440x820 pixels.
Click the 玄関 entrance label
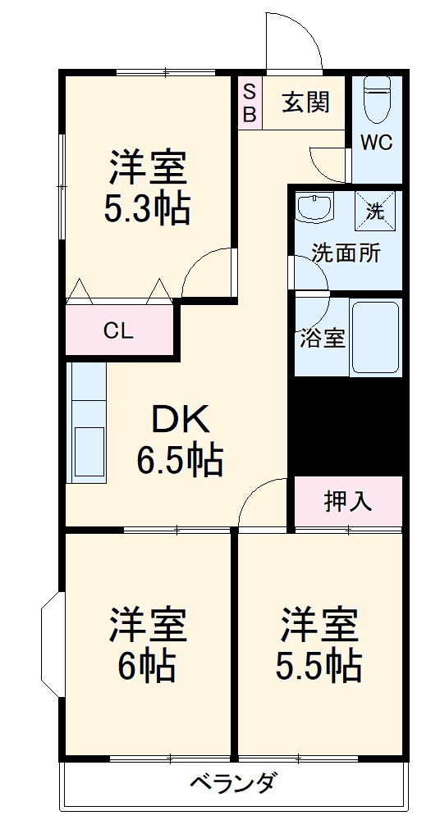pyautogui.click(x=306, y=102)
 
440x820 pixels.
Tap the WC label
pyautogui.click(x=377, y=142)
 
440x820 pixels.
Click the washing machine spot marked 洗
pyautogui.click(x=375, y=210)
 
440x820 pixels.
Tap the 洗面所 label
pyautogui.click(x=346, y=253)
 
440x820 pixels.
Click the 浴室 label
pyautogui.click(x=322, y=338)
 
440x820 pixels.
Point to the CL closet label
pyautogui.click(x=118, y=331)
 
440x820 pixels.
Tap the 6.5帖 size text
pyautogui.click(x=180, y=460)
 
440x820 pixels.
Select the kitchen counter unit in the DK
pyautogui.click(x=86, y=423)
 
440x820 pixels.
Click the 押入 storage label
pyautogui.click(x=347, y=501)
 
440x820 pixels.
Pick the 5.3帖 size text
pyautogui.click(x=148, y=210)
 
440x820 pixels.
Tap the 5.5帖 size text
pyautogui.click(x=319, y=666)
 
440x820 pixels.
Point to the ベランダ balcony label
pyautogui.click(x=232, y=783)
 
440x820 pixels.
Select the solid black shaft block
pyautogui.click(x=346, y=426)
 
